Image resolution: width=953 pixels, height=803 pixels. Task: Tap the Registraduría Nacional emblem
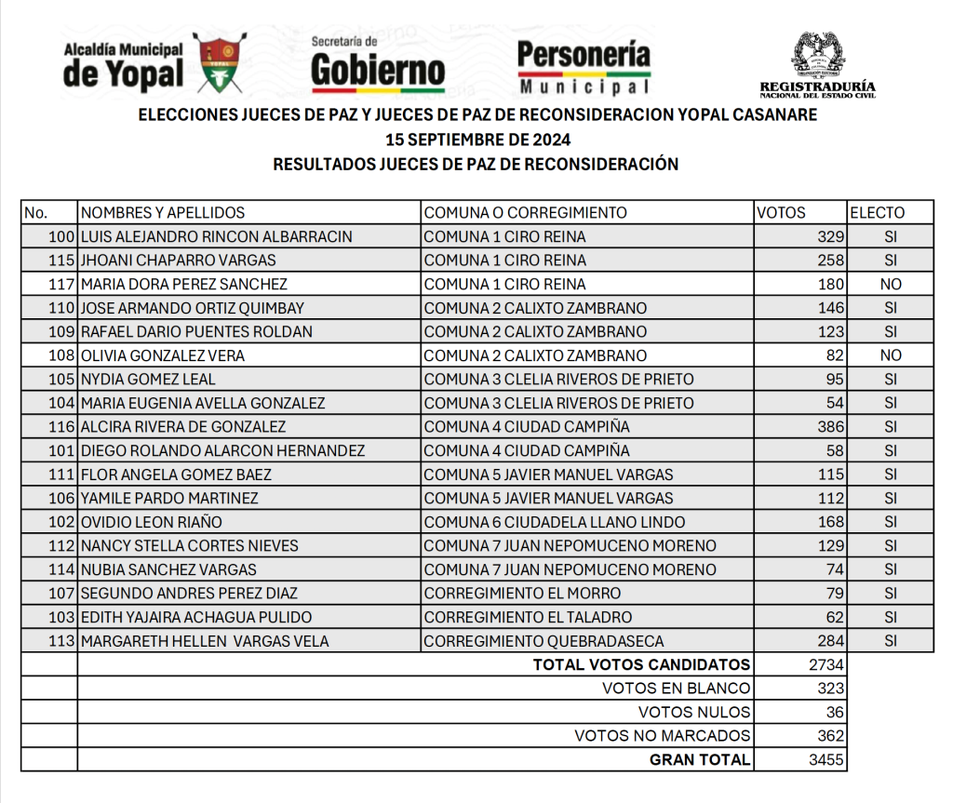tap(817, 56)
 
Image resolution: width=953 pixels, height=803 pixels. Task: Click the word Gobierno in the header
tap(378, 71)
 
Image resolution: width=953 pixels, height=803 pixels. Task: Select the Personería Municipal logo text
tap(584, 67)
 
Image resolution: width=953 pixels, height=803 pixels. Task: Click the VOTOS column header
tap(781, 212)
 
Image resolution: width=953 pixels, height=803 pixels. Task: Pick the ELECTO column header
tap(877, 212)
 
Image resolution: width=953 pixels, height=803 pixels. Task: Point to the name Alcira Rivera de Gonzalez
tap(183, 427)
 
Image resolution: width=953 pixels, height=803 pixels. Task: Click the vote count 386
tap(830, 427)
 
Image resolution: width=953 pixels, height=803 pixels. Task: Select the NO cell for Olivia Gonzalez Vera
tap(891, 355)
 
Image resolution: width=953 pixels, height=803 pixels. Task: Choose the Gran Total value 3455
tap(826, 760)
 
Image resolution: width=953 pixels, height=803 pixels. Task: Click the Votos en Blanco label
tap(676, 689)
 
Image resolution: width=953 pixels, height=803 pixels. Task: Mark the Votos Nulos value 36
tap(835, 713)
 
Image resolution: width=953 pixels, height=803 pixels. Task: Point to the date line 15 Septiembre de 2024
tap(477, 140)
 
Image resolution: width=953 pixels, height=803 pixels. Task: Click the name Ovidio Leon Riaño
tap(152, 522)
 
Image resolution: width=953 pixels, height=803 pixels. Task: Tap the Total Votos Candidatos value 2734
tap(826, 664)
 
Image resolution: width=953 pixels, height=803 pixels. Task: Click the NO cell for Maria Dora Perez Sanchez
tap(891, 284)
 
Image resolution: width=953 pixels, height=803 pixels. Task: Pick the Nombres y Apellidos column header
tap(163, 212)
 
